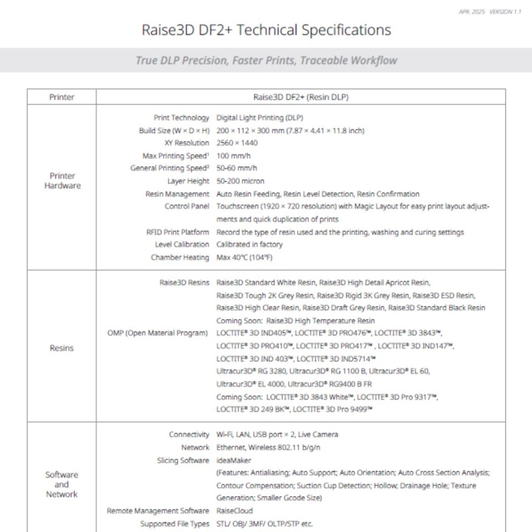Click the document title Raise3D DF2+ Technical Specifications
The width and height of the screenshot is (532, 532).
[x=266, y=29]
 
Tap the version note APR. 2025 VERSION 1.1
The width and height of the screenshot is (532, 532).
[x=490, y=12]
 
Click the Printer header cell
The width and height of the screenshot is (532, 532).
[x=62, y=97]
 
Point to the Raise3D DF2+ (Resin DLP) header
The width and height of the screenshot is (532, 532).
[x=301, y=97]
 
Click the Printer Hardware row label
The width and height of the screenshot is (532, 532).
[x=62, y=181]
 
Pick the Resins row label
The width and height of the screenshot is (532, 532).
[x=62, y=348]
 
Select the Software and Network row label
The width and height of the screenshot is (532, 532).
[x=62, y=484]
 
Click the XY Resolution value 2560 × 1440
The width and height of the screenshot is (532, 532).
[x=237, y=143]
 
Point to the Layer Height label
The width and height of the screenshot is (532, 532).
[x=188, y=181]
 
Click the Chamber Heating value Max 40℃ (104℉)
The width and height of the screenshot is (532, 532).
[x=244, y=258]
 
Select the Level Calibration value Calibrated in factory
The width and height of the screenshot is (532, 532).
[x=249, y=244]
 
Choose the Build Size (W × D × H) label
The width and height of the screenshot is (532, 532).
[x=175, y=131]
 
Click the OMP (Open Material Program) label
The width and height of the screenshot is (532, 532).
[x=158, y=333]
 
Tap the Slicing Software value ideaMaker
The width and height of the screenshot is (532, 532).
[x=234, y=461]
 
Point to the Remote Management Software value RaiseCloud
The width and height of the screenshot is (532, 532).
[x=235, y=511]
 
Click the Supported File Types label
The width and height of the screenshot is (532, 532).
[x=175, y=524]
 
